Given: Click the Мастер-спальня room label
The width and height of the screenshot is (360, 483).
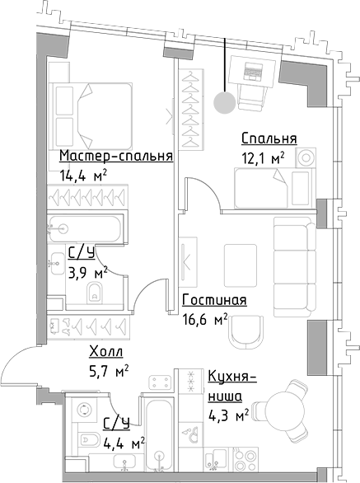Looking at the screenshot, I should tap(115, 157).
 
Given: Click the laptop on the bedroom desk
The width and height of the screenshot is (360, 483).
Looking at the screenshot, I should tap(252, 73).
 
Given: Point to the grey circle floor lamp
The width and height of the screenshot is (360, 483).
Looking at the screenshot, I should tap(222, 102).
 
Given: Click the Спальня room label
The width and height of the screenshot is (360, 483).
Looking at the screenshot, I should tap(269, 138).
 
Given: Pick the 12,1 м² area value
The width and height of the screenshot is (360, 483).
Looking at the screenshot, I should tap(262, 157).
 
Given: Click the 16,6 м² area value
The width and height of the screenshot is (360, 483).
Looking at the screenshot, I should tap(204, 318).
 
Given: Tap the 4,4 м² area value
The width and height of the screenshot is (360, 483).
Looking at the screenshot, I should tap(124, 443).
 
